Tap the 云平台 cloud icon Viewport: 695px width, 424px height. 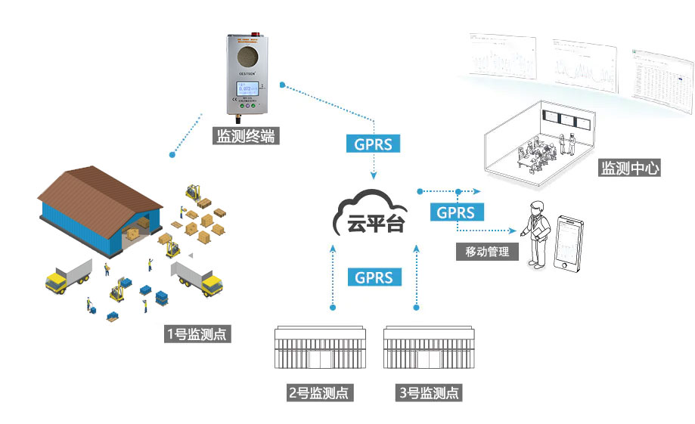click(371, 215)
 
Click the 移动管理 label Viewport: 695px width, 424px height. click(488, 252)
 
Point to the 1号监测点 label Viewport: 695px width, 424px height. click(197, 333)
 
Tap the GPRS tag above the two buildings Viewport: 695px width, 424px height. click(374, 277)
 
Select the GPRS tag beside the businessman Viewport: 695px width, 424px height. click(456, 212)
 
